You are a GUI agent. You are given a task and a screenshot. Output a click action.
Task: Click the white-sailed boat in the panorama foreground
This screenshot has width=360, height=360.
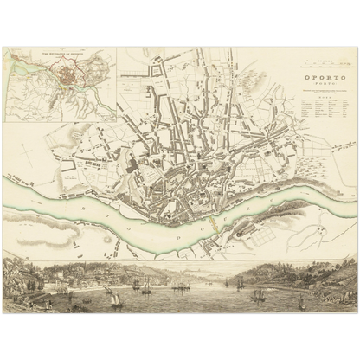116,299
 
